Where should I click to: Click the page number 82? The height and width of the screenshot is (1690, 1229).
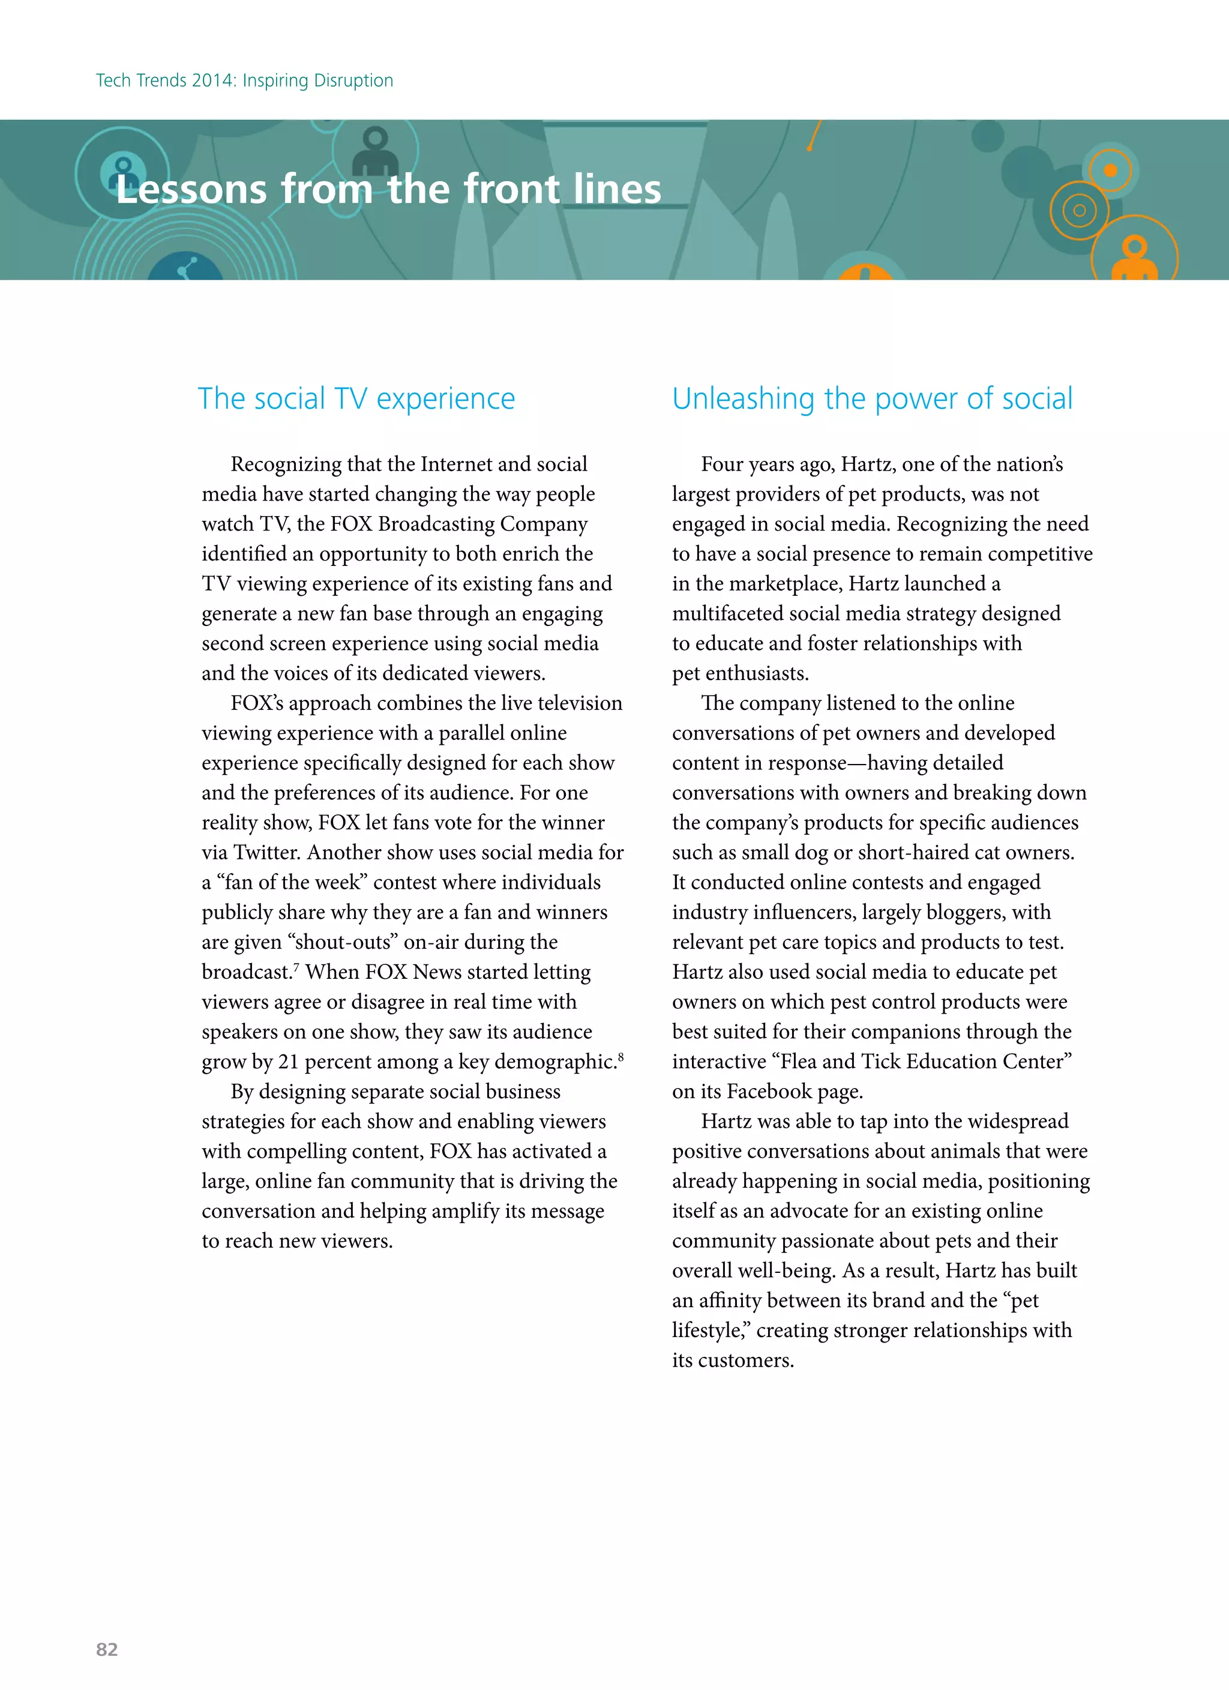point(107,1649)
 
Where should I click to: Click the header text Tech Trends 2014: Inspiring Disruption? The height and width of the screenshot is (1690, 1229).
point(244,80)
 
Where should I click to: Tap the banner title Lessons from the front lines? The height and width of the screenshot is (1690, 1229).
point(388,189)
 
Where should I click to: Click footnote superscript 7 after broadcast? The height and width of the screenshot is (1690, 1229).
point(296,966)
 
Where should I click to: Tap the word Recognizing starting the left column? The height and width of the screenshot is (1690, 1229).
point(286,465)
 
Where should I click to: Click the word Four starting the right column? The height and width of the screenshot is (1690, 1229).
point(721,465)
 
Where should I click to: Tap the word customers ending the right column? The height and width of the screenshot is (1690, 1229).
point(745,1361)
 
